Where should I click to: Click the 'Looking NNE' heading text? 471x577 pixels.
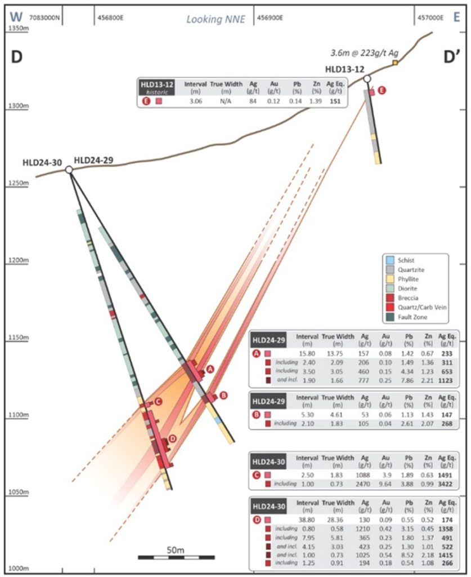tap(217, 19)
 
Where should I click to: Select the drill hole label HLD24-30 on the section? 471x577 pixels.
tap(40, 163)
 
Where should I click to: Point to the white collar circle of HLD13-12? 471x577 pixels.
tap(367, 79)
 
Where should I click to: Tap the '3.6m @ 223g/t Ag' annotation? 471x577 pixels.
tap(358, 53)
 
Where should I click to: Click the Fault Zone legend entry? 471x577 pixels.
tap(411, 317)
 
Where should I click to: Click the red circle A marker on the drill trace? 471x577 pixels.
tap(210, 369)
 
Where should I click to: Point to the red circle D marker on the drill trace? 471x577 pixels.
tap(172, 439)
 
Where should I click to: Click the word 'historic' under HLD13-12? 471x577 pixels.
tap(156, 92)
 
